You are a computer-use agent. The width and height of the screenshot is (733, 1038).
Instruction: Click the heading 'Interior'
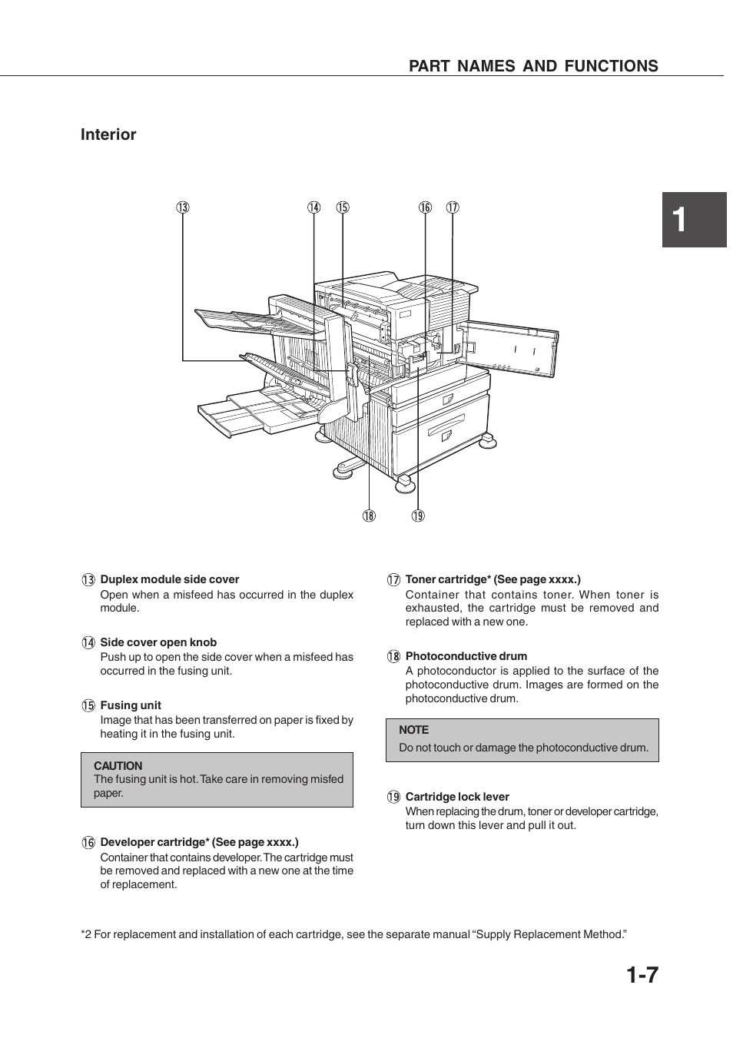point(108,134)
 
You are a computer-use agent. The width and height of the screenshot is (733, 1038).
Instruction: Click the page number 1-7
point(642,975)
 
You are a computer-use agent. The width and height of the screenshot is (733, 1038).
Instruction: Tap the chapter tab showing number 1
point(694,220)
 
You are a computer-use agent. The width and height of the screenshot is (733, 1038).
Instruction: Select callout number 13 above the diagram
point(183,207)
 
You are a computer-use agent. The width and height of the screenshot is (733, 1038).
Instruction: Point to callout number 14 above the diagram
point(313,207)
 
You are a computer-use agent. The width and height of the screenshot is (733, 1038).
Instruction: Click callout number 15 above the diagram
point(343,207)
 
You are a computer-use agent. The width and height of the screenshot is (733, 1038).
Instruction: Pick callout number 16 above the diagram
point(425,207)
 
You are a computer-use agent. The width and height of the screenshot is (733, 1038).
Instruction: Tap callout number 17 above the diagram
point(453,207)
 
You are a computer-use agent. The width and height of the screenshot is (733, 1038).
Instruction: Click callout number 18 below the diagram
point(370,516)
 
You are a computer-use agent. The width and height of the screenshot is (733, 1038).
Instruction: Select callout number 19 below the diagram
point(418,516)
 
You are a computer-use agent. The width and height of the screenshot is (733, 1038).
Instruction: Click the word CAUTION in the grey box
point(118,766)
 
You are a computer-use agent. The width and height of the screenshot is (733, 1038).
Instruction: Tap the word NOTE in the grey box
point(413,730)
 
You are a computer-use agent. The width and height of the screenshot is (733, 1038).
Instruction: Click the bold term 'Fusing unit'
point(131,705)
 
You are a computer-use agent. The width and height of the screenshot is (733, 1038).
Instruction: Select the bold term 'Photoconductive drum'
point(466,656)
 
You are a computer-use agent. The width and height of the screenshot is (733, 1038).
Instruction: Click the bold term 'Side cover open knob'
point(158,642)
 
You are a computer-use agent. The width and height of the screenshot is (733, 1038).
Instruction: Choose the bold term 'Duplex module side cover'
point(170,579)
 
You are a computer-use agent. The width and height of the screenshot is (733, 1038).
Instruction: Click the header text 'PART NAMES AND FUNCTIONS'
point(533,66)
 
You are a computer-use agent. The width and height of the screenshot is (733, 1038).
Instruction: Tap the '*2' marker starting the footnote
point(86,934)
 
